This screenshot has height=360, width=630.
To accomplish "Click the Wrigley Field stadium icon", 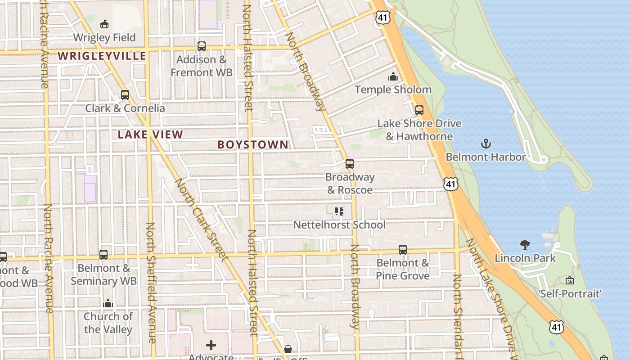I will pyautogui.click(x=104, y=23).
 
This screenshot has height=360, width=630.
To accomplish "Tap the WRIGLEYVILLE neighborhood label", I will pyautogui.click(x=102, y=56).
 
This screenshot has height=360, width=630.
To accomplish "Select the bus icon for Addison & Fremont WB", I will pyautogui.click(x=202, y=46).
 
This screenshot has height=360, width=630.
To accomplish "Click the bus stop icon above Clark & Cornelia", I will pyautogui.click(x=125, y=95).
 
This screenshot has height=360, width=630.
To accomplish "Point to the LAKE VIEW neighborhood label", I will pyautogui.click(x=150, y=135).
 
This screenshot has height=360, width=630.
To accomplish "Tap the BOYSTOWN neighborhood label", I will pyautogui.click(x=252, y=144).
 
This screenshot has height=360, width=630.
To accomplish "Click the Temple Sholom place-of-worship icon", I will pyautogui.click(x=393, y=76).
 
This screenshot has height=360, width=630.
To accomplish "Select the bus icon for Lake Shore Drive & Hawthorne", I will pyautogui.click(x=419, y=110).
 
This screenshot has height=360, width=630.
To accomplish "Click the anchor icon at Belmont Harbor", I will pyautogui.click(x=486, y=144).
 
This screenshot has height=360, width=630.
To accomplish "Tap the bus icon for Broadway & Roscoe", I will pyautogui.click(x=350, y=164).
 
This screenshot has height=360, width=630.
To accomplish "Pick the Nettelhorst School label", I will pyautogui.click(x=339, y=225).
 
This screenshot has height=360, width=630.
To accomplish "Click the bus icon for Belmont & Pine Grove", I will pyautogui.click(x=403, y=249).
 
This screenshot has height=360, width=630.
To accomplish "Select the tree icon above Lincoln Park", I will pyautogui.click(x=525, y=245).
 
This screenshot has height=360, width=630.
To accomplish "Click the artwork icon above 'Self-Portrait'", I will pyautogui.click(x=570, y=280).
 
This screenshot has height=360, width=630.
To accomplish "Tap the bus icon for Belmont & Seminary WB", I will pyautogui.click(x=103, y=255).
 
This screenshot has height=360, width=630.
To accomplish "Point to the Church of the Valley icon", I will pyautogui.click(x=108, y=303).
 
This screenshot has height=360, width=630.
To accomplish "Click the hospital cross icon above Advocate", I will pyautogui.click(x=211, y=345).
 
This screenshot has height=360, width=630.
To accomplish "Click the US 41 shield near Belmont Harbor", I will pyautogui.click(x=450, y=183).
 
